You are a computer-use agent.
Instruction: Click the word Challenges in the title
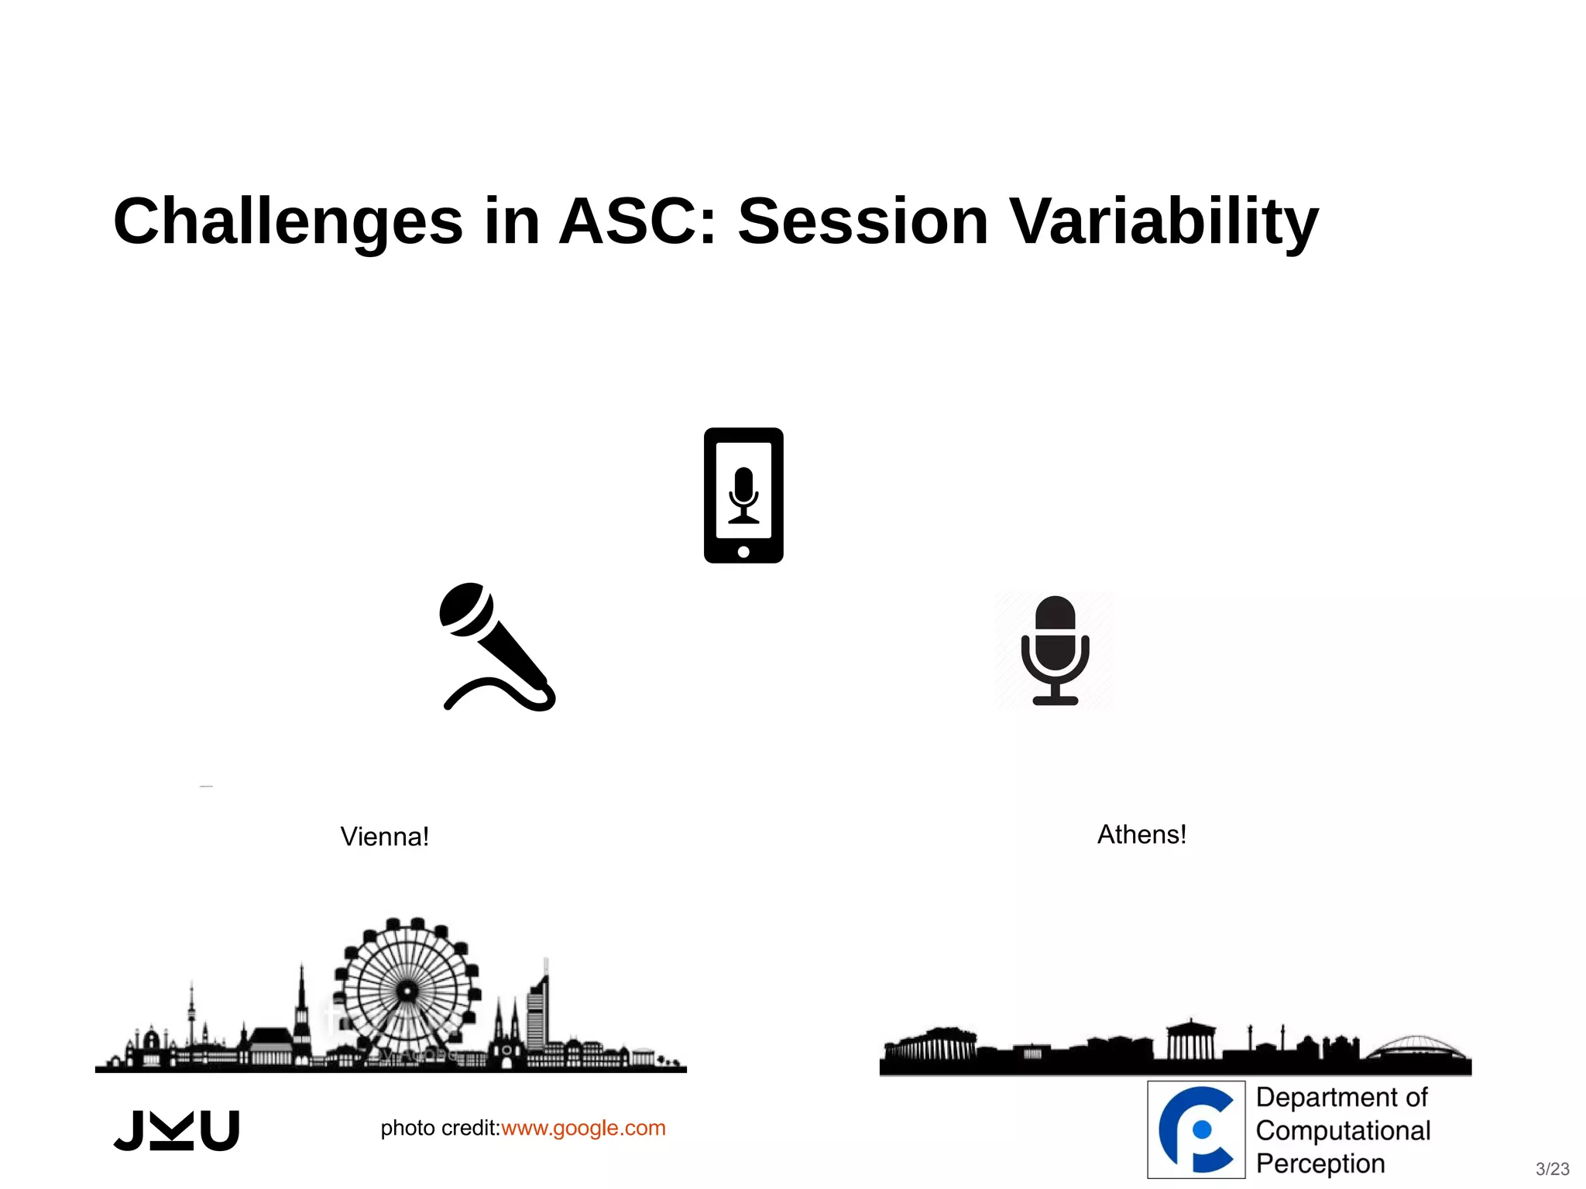tap(287, 222)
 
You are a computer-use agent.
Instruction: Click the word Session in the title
tap(863, 222)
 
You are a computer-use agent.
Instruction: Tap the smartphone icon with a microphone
tap(743, 495)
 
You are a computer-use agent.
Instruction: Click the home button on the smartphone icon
tap(743, 552)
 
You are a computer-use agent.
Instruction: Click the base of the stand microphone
tap(1055, 700)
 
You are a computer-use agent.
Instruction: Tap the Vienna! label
tap(384, 837)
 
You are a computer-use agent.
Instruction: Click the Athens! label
tap(1141, 834)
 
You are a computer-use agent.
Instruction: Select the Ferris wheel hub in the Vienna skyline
tap(407, 990)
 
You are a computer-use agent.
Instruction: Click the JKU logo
tap(177, 1130)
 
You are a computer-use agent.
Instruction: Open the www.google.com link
tap(583, 1128)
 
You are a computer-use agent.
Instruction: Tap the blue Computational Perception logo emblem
tap(1196, 1129)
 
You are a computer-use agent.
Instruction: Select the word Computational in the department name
tap(1343, 1130)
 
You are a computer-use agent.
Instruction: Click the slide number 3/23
tap(1552, 1168)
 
